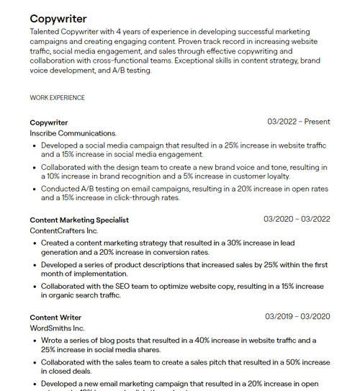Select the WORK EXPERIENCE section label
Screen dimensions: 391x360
point(57,97)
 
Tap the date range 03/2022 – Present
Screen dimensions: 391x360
point(298,122)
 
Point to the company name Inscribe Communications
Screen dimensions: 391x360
point(73,133)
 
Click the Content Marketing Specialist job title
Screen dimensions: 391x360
point(79,220)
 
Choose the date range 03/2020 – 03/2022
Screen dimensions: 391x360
point(297,219)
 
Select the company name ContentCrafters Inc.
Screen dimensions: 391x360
point(64,231)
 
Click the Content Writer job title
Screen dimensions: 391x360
point(55,317)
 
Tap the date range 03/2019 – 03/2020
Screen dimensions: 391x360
point(297,316)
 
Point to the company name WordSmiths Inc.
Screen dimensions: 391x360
point(57,328)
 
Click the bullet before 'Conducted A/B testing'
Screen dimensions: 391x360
point(35,189)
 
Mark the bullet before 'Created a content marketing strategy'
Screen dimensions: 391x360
point(35,243)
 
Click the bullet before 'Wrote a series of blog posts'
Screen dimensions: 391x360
point(35,341)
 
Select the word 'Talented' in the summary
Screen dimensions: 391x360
point(45,32)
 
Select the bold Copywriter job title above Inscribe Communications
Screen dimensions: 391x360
point(49,122)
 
